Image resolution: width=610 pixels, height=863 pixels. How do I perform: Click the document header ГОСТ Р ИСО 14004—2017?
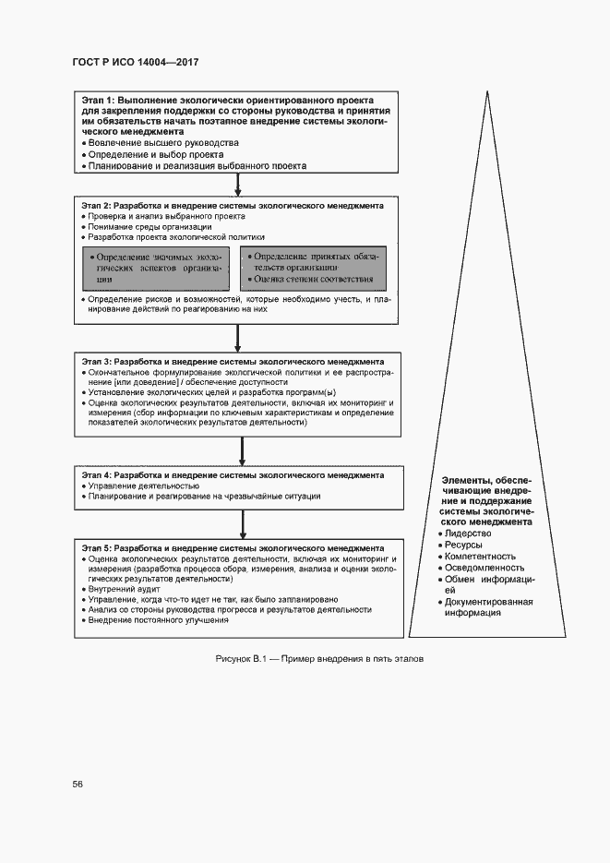pyautogui.click(x=136, y=61)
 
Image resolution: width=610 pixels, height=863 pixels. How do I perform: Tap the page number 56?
pyautogui.click(x=78, y=784)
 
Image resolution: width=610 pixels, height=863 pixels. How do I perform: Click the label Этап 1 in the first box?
pyautogui.click(x=99, y=99)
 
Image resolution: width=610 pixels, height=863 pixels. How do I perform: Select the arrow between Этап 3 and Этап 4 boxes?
pyautogui.click(x=241, y=451)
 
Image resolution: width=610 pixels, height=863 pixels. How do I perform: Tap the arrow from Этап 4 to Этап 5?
pyautogui.click(x=241, y=523)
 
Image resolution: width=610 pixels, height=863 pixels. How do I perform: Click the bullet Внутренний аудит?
pyautogui.click(x=118, y=588)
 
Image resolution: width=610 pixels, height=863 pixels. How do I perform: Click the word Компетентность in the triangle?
pyautogui.click(x=480, y=557)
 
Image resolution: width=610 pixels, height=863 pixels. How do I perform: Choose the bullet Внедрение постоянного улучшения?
pyautogui.click(x=159, y=620)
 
